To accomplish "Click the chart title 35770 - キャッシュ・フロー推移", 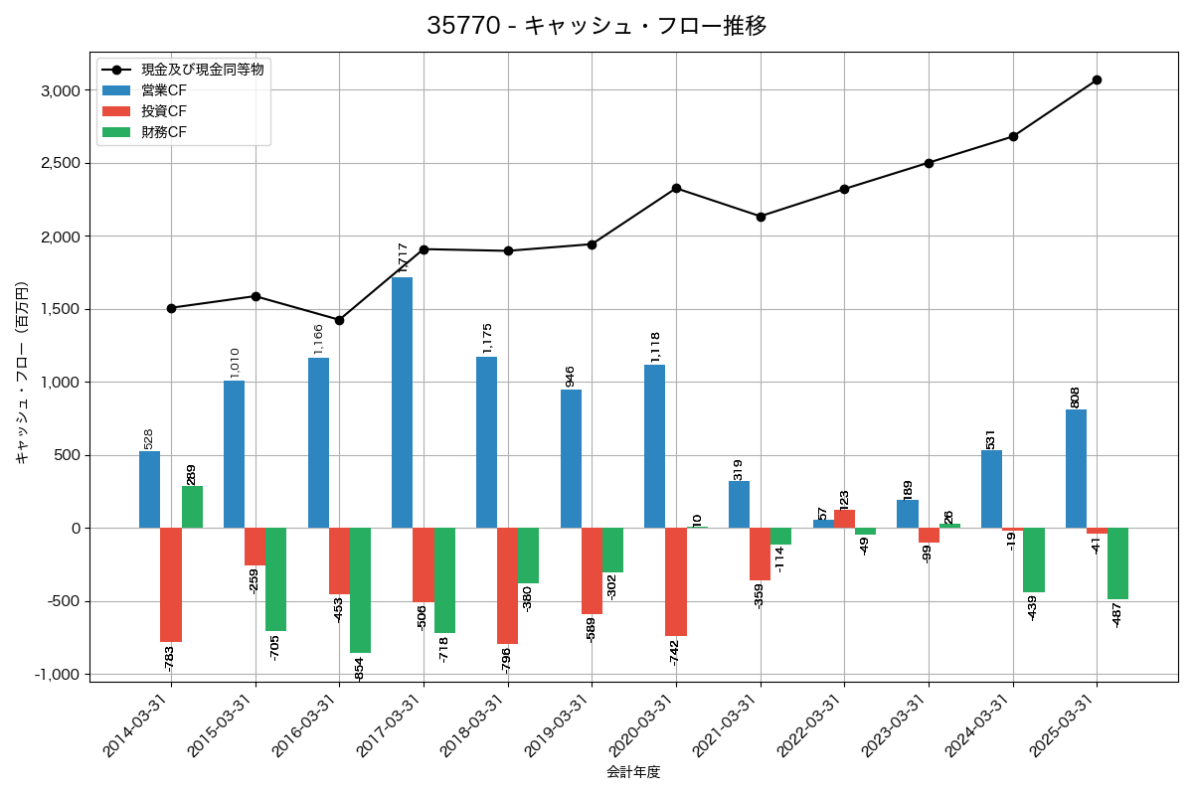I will pos(596,26).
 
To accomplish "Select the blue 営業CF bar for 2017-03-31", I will pos(402,402).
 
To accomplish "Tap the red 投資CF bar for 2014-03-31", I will pos(171,584).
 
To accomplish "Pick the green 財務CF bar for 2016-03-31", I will pos(360,590).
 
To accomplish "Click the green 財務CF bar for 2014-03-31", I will pos(192,507).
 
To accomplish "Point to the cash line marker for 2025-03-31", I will pos(1097,79).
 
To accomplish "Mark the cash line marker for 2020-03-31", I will pos(676,188).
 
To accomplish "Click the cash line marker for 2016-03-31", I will pos(339,320).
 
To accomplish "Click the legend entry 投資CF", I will pos(164,111).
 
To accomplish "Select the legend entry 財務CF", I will pos(164,132).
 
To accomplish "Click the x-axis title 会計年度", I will pos(633,772).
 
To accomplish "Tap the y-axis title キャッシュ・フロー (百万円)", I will pos(22,373).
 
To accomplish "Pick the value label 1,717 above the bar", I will pos(403,257).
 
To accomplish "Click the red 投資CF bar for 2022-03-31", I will pos(844,519).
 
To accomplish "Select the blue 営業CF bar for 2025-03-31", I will pos(1076,468).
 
